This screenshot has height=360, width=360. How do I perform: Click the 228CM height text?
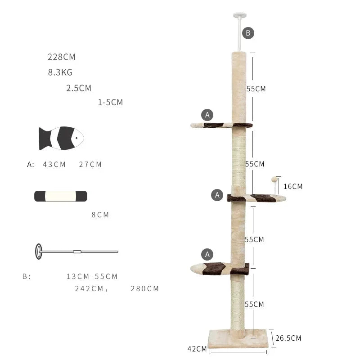(x=62, y=57)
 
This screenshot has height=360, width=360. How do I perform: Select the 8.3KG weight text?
(x=60, y=72)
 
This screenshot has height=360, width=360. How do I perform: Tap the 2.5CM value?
(x=79, y=88)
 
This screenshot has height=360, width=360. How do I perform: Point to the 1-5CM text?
(x=110, y=103)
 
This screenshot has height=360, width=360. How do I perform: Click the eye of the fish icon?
(x=77, y=138)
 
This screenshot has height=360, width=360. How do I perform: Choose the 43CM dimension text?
(x=54, y=165)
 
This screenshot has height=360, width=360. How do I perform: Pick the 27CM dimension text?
(x=90, y=165)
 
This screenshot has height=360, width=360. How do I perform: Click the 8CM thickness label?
(x=100, y=215)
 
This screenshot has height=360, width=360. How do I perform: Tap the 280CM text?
(x=145, y=289)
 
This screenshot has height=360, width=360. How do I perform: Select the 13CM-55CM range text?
(x=92, y=277)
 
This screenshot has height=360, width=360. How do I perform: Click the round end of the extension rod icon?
(x=39, y=251)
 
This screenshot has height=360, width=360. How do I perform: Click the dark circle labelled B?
(x=248, y=33)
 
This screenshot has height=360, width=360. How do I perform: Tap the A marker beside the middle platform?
(x=217, y=195)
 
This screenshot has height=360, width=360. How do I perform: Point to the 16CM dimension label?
(x=293, y=186)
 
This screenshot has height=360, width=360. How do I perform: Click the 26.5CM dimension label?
(x=288, y=338)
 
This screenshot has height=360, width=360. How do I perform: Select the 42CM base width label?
(x=197, y=349)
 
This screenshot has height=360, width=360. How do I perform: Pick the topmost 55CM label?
(x=256, y=89)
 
